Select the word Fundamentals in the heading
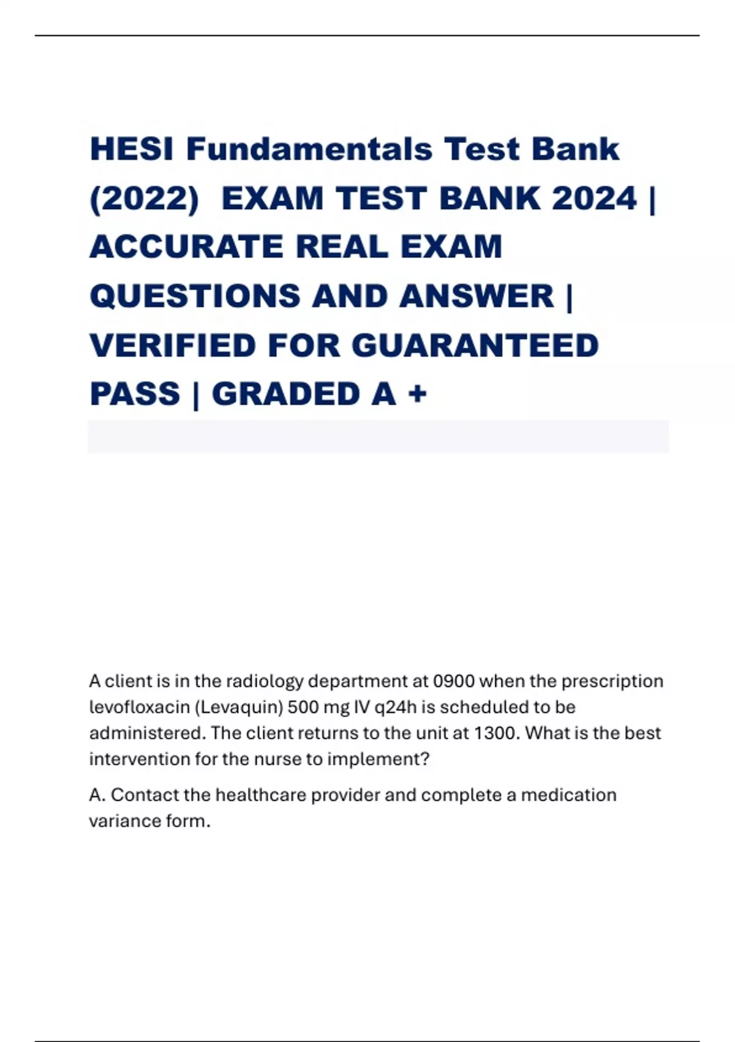309,149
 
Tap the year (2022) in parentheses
145,199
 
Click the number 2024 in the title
594,199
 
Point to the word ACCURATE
187,247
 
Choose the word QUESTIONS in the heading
195,296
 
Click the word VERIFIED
172,345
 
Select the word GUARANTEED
475,345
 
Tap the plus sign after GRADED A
417,394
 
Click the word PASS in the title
135,394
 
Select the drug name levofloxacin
139,707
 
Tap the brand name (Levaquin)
239,707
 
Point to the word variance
124,821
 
